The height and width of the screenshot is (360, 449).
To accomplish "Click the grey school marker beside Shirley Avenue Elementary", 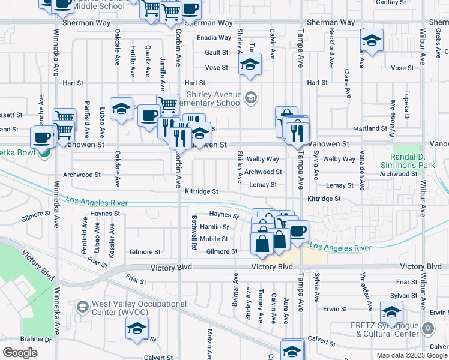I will pyautogui.click(x=251, y=97).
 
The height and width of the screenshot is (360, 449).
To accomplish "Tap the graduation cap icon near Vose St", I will pyautogui.click(x=250, y=64).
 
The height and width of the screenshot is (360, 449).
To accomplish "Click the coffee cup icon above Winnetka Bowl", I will pyautogui.click(x=42, y=137).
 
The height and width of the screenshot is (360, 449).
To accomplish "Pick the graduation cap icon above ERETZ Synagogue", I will pyautogui.click(x=391, y=312).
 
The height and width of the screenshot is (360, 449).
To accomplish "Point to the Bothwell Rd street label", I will pyautogui.click(x=194, y=232).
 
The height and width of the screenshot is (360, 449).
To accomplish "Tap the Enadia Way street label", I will pyautogui.click(x=214, y=37).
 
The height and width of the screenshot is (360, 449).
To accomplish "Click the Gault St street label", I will pyautogui.click(x=217, y=52).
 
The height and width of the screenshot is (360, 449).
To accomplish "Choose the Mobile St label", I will pyautogui.click(x=214, y=239).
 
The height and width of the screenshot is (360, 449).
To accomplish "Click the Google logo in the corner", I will pyautogui.click(x=20, y=353).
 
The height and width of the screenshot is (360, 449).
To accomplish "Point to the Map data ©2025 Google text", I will pyautogui.click(x=412, y=355).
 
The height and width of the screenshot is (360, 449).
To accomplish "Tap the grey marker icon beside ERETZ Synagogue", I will pyautogui.click(x=427, y=328).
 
